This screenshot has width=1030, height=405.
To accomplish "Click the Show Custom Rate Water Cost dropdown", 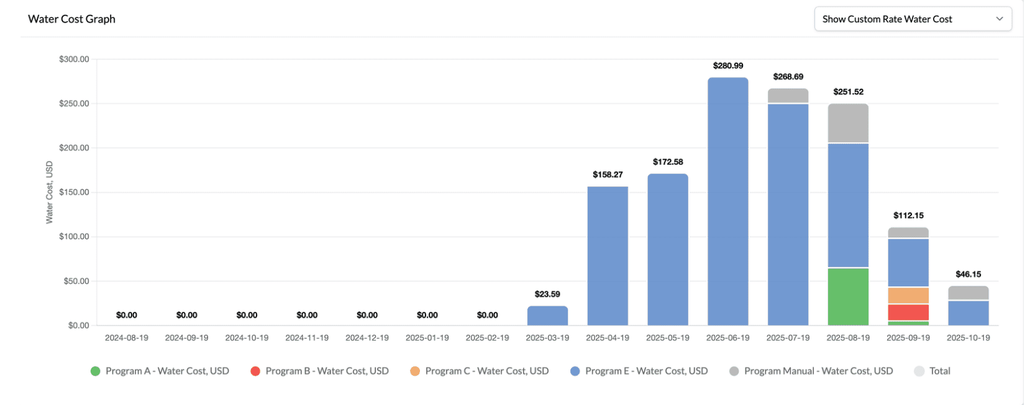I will pyautogui.click(x=912, y=19).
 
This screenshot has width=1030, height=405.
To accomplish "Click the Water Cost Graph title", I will pyautogui.click(x=71, y=19).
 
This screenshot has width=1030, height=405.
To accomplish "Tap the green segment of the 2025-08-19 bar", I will pyautogui.click(x=848, y=297).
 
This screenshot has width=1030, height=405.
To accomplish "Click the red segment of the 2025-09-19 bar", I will pyautogui.click(x=908, y=312).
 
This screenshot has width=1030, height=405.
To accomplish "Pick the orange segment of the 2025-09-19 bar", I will pyautogui.click(x=908, y=296).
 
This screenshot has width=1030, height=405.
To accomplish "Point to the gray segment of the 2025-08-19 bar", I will pyautogui.click(x=848, y=123).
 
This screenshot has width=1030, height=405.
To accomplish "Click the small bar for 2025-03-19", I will pyautogui.click(x=547, y=316).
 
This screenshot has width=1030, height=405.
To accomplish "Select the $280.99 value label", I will pyautogui.click(x=727, y=66).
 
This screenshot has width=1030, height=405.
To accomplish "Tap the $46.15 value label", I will pyautogui.click(x=968, y=275).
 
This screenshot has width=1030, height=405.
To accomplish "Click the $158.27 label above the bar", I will pyautogui.click(x=608, y=175).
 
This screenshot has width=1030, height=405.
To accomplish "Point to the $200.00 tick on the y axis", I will pyautogui.click(x=74, y=148).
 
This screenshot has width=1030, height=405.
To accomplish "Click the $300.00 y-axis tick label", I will pyautogui.click(x=74, y=60).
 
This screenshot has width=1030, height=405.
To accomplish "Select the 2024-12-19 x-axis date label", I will pyautogui.click(x=367, y=338).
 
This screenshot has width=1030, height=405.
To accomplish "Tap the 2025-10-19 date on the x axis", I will pyautogui.click(x=968, y=338).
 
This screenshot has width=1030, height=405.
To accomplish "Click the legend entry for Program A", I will pyautogui.click(x=160, y=371).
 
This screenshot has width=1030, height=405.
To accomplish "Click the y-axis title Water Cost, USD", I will pyautogui.click(x=50, y=192).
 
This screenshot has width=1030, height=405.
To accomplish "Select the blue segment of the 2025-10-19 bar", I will pyautogui.click(x=968, y=313).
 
